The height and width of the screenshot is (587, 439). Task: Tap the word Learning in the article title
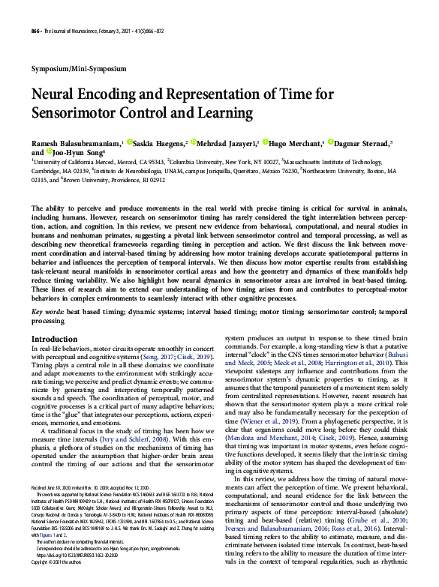coord(221,113)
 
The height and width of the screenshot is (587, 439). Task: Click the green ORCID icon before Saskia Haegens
coord(129,141)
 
